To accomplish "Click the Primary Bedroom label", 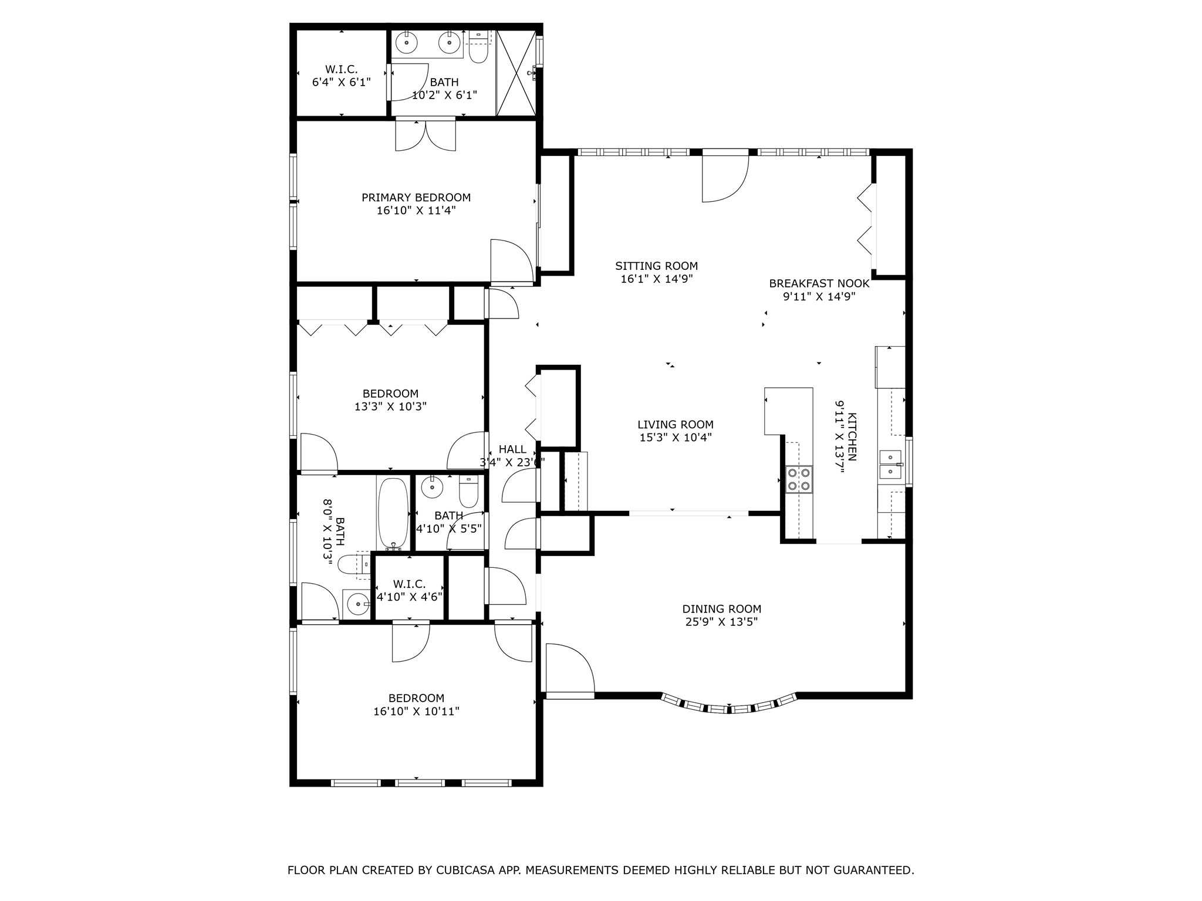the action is [x=416, y=198].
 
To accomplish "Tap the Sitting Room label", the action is [x=657, y=266].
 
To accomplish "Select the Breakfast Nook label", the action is [x=819, y=284].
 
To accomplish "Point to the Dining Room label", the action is [x=722, y=609].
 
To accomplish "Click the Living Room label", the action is [x=676, y=425].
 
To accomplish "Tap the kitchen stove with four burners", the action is [x=799, y=479].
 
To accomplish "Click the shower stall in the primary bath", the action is [x=516, y=73].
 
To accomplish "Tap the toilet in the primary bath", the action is [x=479, y=49].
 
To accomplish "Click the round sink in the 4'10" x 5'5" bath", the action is [x=433, y=486].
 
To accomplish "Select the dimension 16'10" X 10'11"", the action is [x=416, y=712].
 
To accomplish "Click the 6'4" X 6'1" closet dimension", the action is [x=342, y=82].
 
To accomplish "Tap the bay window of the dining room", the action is [x=729, y=704].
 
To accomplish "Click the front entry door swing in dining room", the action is [x=570, y=668].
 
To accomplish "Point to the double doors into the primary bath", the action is [x=426, y=134].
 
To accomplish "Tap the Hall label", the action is [x=512, y=449].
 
